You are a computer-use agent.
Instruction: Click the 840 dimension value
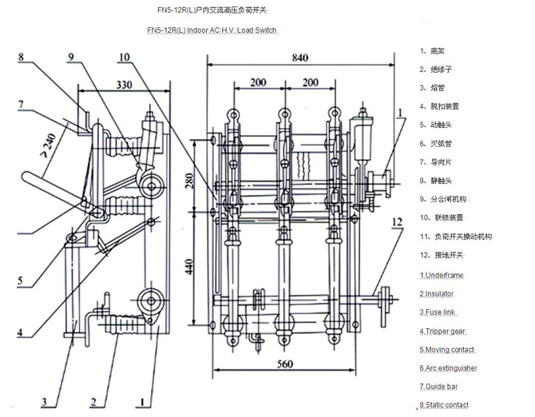pyautogui.click(x=299, y=58)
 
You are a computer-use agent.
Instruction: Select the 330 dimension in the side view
pyautogui.click(x=124, y=84)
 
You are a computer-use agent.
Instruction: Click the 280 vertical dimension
pyautogui.click(x=189, y=184)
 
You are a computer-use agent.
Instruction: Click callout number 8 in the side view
pyautogui.click(x=22, y=57)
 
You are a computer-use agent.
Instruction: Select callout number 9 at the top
pyautogui.click(x=71, y=57)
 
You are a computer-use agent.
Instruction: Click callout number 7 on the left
pyautogui.click(x=22, y=103)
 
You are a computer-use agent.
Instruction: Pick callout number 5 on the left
pyautogui.click(x=22, y=280)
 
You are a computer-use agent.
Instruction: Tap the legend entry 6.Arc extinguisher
pyautogui.click(x=449, y=367)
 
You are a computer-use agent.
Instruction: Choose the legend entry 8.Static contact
pyautogui.click(x=446, y=404)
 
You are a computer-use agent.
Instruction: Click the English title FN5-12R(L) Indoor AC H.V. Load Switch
pyautogui.click(x=213, y=31)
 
